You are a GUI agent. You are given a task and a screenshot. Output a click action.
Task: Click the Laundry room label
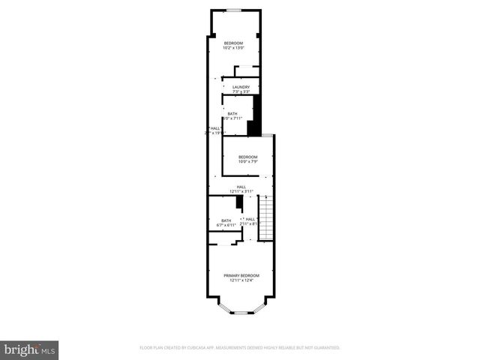[241, 87]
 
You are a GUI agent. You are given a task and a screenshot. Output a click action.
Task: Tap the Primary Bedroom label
[241, 276]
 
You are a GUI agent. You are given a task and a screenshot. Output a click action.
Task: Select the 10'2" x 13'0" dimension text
[234, 49]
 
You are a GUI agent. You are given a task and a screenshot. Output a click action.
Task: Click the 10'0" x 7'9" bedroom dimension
[249, 162]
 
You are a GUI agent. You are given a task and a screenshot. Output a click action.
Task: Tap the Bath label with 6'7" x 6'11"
[226, 220]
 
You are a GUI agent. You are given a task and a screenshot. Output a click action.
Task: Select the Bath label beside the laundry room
[232, 113]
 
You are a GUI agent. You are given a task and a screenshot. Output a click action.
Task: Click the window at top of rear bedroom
[234, 10]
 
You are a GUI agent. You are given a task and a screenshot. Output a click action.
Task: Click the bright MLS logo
[30, 349]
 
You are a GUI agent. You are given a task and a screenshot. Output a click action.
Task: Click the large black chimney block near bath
[255, 116]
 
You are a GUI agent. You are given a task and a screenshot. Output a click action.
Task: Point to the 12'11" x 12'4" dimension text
[241, 281]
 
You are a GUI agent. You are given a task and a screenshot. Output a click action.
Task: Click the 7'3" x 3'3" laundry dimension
[241, 92]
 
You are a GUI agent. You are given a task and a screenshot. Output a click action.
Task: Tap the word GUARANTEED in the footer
[325, 348]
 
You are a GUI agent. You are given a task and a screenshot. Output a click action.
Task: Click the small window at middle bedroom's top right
[268, 135]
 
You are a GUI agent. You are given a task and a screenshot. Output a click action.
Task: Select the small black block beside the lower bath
[238, 202]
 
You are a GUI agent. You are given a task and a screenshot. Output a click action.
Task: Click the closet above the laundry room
[247, 71]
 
